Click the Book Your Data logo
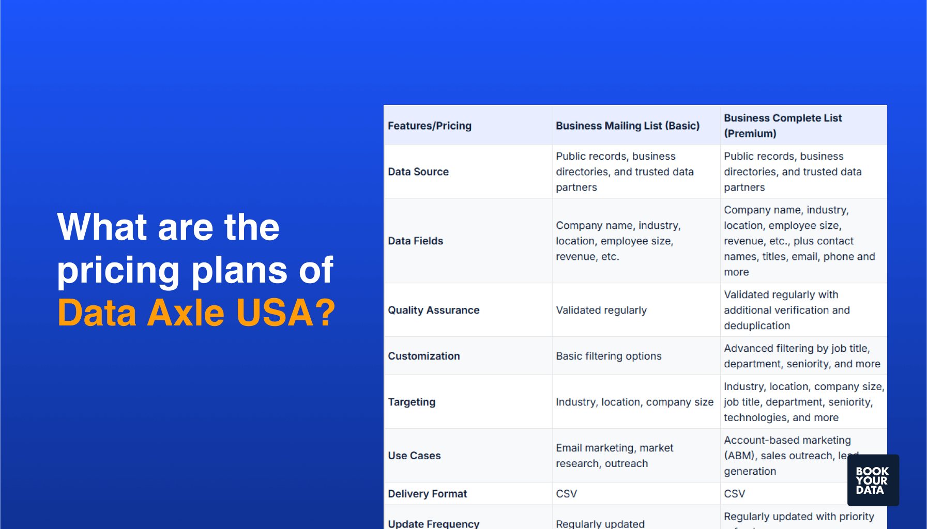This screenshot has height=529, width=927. (x=873, y=480)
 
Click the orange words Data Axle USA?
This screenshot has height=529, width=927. (x=196, y=313)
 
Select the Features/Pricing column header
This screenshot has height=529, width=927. (x=430, y=126)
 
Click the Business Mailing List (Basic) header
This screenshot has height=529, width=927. (x=627, y=126)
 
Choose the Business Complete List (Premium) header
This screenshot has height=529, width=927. (x=782, y=126)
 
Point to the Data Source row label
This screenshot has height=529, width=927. (x=418, y=172)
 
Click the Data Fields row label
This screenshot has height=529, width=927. (x=415, y=241)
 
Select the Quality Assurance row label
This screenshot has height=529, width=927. (x=433, y=310)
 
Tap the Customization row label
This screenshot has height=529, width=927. (x=423, y=356)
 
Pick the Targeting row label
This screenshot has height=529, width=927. (x=412, y=402)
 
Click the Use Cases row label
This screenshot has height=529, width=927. (x=414, y=456)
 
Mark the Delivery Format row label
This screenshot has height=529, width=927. (x=427, y=494)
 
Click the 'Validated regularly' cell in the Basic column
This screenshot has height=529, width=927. (x=601, y=310)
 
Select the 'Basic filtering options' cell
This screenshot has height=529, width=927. (x=609, y=356)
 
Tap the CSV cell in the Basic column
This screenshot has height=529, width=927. (x=566, y=494)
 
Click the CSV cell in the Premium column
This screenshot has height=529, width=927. (x=734, y=494)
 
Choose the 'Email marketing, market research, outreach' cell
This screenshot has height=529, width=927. (x=614, y=456)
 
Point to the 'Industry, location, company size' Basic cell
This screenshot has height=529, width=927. (x=634, y=402)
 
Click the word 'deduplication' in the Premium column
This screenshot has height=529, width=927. (x=756, y=326)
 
